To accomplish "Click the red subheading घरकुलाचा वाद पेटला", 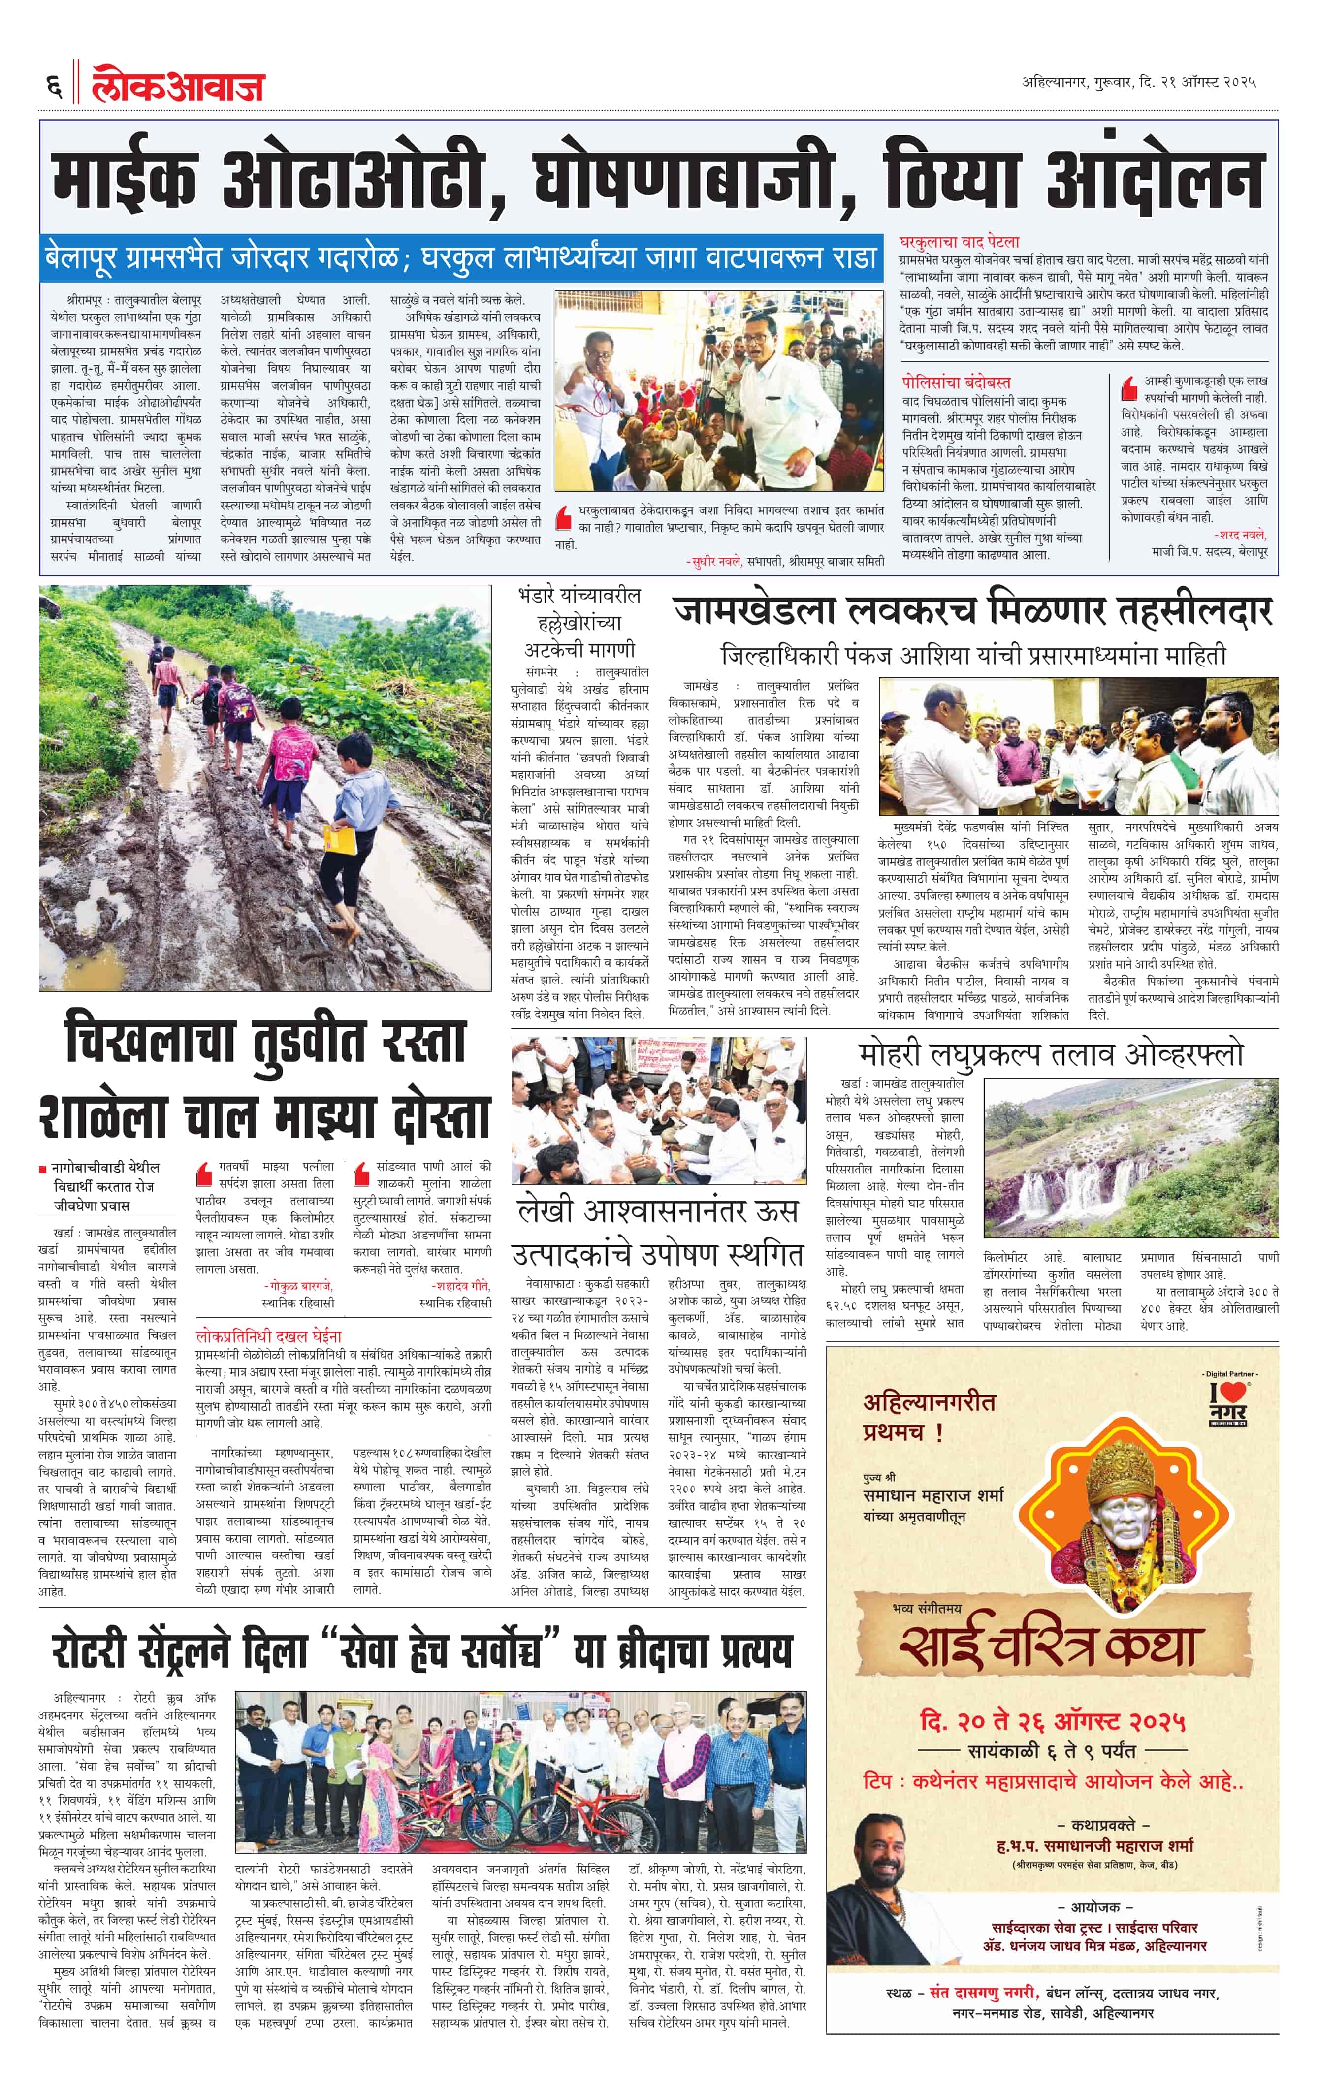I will coord(959,242).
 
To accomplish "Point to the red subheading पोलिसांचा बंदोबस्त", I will coord(956,382).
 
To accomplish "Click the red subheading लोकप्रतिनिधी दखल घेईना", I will coord(269,1335).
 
